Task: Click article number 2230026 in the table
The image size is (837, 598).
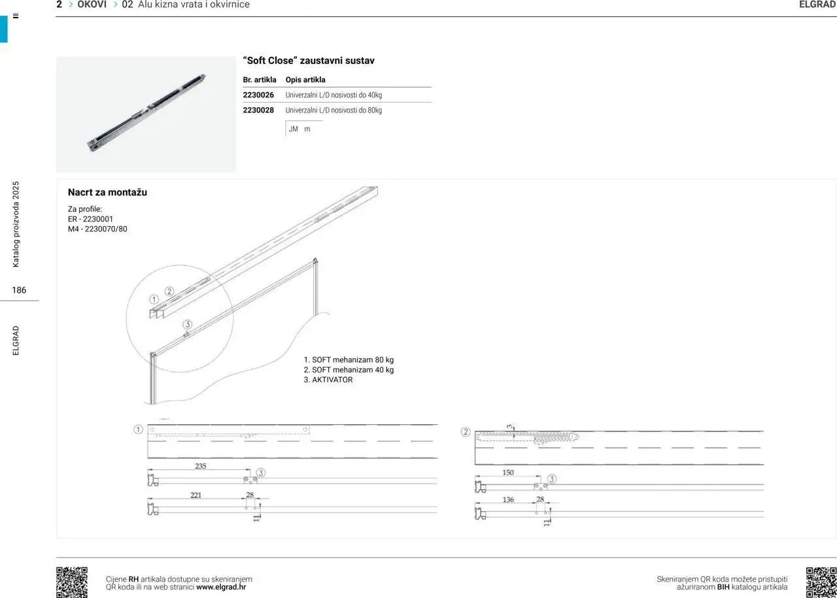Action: click(258, 95)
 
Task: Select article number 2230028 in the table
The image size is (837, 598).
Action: click(258, 110)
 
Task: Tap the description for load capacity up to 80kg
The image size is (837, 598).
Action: click(333, 110)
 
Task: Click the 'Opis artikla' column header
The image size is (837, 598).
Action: click(305, 80)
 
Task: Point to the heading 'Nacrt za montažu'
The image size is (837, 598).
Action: click(107, 192)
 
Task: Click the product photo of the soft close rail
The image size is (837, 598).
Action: click(146, 114)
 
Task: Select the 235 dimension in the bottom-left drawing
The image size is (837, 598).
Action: click(201, 466)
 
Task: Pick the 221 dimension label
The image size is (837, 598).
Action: click(196, 495)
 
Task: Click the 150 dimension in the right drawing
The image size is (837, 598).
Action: click(508, 473)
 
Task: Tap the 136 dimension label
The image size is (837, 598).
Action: click(508, 499)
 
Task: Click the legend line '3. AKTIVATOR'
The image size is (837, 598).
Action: click(328, 380)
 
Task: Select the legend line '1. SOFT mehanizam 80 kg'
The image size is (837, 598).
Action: click(349, 360)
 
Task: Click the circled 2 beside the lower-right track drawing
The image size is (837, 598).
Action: click(466, 432)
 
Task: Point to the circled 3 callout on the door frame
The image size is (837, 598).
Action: click(188, 324)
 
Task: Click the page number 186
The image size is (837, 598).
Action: click(19, 290)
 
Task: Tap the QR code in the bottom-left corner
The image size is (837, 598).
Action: click(72, 582)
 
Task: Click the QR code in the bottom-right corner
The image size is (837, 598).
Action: click(821, 582)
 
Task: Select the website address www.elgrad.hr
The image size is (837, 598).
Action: click(221, 587)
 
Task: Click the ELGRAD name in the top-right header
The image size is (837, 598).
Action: click(817, 5)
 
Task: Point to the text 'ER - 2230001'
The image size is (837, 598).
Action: click(90, 219)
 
